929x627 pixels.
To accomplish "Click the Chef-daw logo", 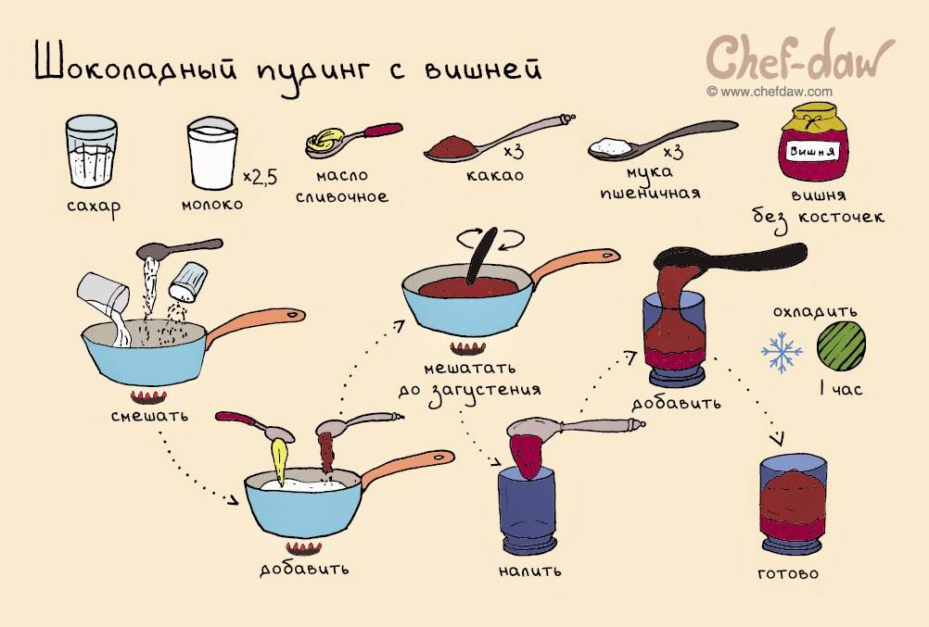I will tap(801, 57).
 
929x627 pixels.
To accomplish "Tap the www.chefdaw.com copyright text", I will tap(769, 91).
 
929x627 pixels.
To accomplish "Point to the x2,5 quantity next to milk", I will tap(260, 175).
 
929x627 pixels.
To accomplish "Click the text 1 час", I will tap(839, 390).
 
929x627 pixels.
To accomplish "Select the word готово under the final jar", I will tap(788, 573).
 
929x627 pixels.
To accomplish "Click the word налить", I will tap(529, 570).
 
